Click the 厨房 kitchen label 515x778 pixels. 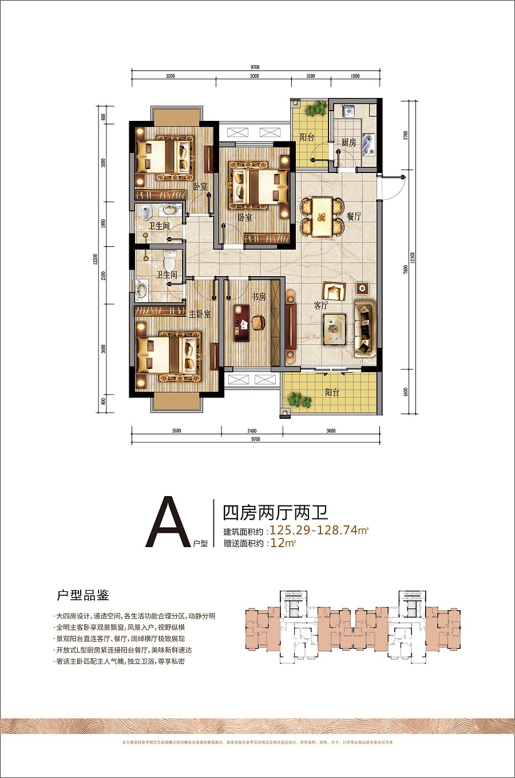pos(348,142)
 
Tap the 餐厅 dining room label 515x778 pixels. pos(354,217)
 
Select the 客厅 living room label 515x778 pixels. pos(321,305)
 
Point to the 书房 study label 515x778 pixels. pos(259,297)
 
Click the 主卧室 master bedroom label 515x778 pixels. pos(200,314)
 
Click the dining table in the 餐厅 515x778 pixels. pos(322,217)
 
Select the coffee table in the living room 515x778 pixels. pos(335,329)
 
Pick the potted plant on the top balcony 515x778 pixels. pos(314,109)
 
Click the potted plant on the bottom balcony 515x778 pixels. pos(298,399)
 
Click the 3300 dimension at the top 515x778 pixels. pos(171,76)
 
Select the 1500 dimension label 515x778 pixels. pos(310,76)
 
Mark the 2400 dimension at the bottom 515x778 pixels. pos(252,431)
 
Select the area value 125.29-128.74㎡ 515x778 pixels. pos(319,531)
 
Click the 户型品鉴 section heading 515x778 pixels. pos(82,595)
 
